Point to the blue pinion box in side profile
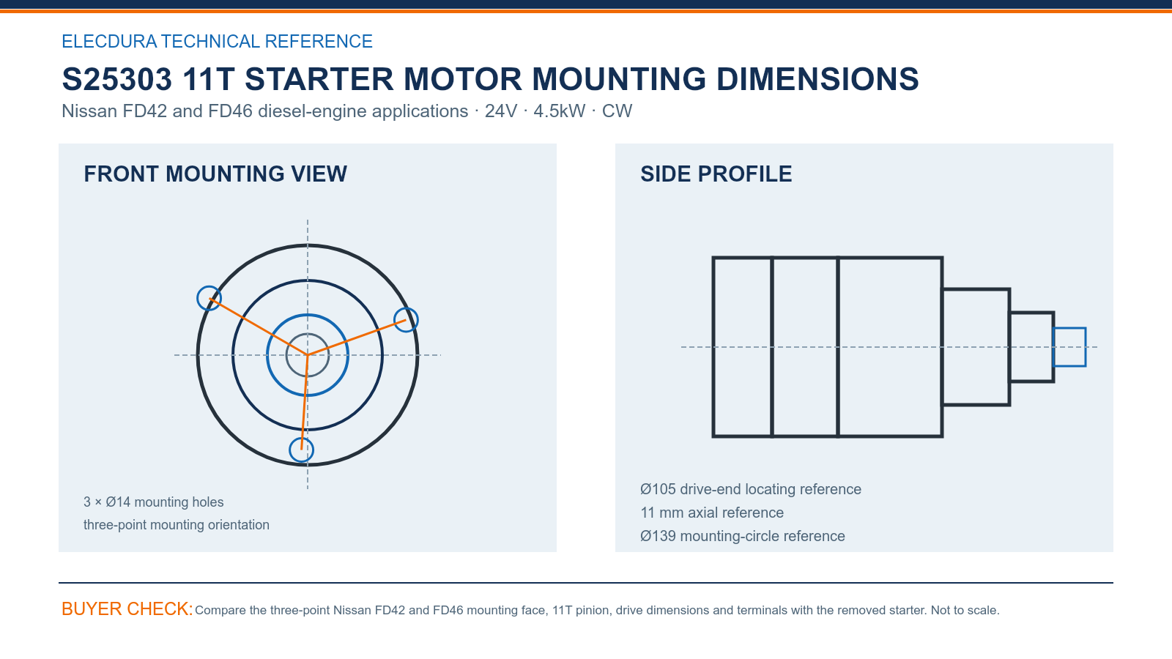click(1069, 329)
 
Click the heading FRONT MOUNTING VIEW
click(215, 174)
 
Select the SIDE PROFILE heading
click(716, 174)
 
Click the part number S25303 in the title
click(116, 79)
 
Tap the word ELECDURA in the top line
click(109, 41)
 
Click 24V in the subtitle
click(501, 111)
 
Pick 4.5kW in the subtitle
click(560, 111)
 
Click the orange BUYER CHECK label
click(127, 608)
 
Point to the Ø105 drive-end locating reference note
click(750, 489)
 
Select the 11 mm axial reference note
click(711, 513)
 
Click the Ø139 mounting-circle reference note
click(743, 536)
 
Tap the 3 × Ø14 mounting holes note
click(153, 502)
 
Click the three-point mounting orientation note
click(177, 524)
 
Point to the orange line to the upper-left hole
click(259, 327)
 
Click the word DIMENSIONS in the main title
click(817, 79)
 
